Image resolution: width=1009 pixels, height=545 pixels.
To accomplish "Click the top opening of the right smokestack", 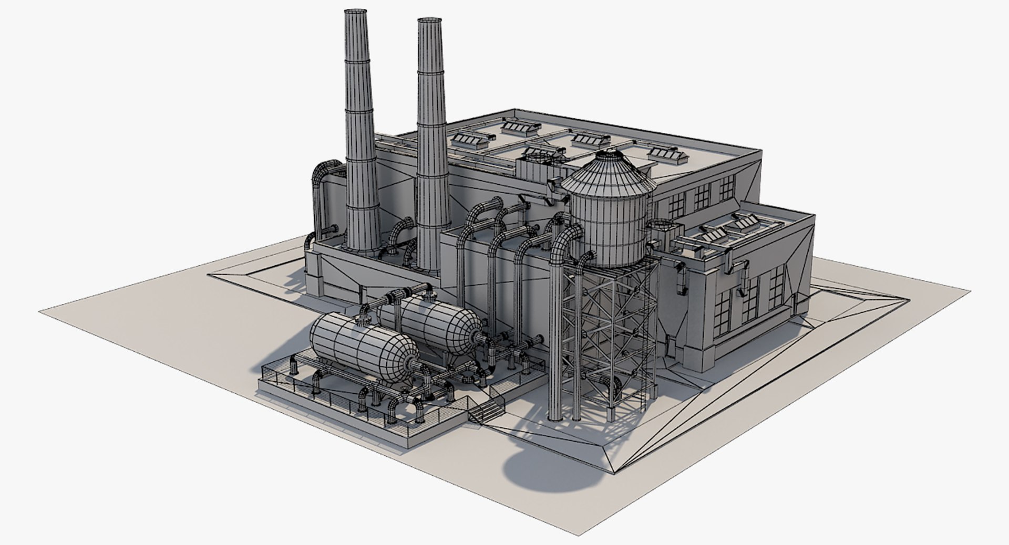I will coord(429,20).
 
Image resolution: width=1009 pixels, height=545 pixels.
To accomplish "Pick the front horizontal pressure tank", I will coord(363,347).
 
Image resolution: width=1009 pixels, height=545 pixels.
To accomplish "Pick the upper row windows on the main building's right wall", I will coord(702,194).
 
